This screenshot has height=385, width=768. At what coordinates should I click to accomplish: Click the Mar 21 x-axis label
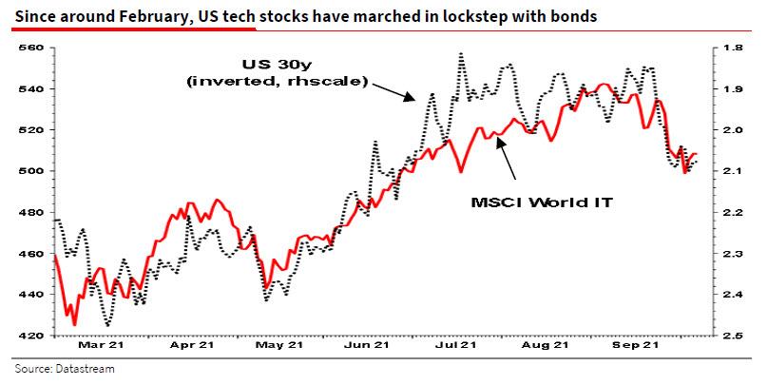coord(99,348)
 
